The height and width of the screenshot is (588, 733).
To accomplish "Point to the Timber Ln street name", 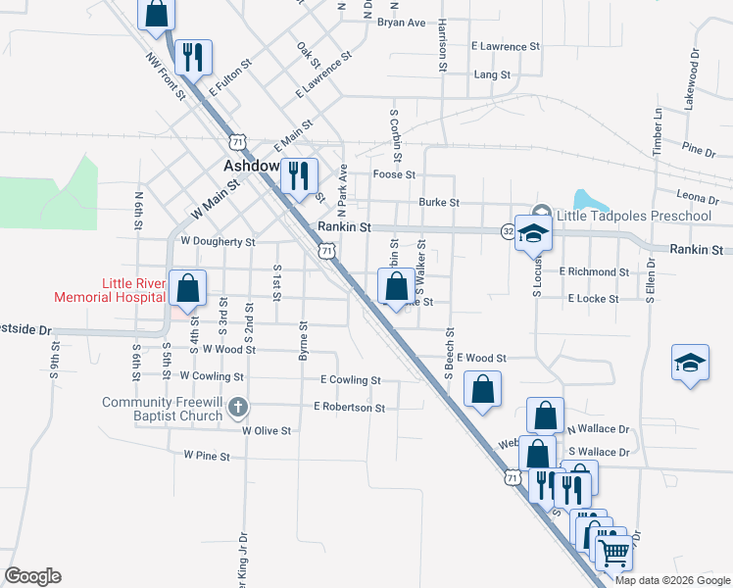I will point(658,127).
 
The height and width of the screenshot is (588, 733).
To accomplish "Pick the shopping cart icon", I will point(613,552).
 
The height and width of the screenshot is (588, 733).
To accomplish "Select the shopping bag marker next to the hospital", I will point(187,289).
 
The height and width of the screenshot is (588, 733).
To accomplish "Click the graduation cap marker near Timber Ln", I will point(690,363).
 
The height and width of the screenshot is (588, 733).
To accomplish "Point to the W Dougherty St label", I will point(218,241).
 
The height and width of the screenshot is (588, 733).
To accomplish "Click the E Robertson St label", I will point(349,407).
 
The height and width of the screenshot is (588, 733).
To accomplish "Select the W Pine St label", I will point(207,456).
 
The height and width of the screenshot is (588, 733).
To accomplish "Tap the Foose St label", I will point(395,174).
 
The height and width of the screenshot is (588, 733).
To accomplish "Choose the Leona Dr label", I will point(698,197).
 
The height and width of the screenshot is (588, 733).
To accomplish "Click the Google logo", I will point(32,576).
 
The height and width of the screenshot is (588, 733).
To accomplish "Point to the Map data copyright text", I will point(672,580).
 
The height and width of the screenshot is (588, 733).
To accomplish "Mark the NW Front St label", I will point(166,75).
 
